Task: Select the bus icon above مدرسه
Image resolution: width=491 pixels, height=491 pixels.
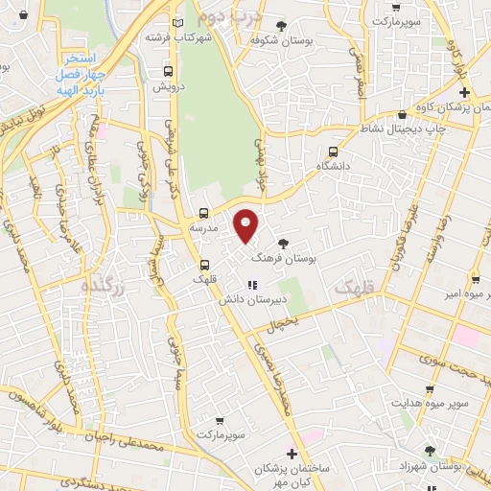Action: tap(203, 213)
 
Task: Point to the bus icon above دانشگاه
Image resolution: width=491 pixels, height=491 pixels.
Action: tap(334, 151)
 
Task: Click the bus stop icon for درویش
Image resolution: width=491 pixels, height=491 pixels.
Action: tap(169, 71)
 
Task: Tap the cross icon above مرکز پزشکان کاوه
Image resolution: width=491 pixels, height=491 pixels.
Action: tap(464, 92)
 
